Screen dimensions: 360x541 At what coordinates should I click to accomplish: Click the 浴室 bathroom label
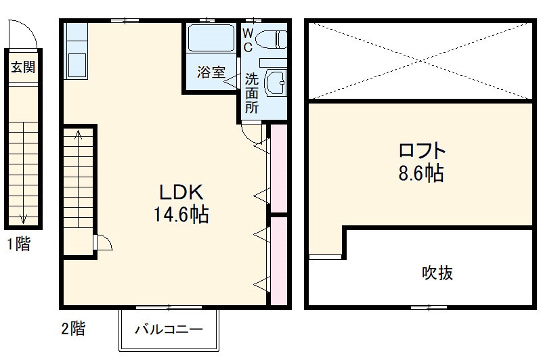[211, 72]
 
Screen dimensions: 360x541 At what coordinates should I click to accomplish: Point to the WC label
[247, 40]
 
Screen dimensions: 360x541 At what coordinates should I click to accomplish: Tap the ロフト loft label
[421, 150]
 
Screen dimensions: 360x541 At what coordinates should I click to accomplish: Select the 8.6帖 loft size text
[420, 174]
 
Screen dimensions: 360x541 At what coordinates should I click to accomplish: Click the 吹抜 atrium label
[437, 273]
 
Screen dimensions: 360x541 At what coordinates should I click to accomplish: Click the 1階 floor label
[19, 244]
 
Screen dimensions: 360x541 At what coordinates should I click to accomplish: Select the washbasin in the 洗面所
[275, 85]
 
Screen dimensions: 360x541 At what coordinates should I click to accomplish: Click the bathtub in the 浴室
[211, 38]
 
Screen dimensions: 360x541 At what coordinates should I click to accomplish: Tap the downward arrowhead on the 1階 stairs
[23, 217]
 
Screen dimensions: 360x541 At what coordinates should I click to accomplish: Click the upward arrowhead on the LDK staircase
[78, 134]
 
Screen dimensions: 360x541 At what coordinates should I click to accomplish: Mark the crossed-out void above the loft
[420, 60]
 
